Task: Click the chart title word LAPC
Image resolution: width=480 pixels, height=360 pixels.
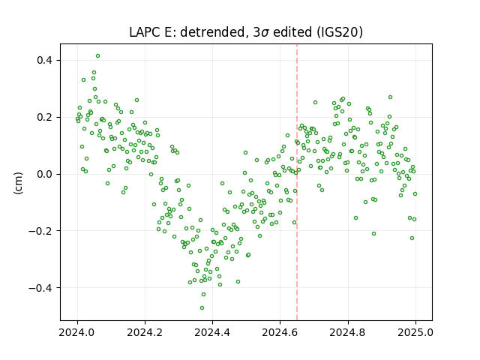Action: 145,32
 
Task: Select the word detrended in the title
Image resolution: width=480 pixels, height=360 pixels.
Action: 214,32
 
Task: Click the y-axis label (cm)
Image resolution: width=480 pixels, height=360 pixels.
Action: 18,183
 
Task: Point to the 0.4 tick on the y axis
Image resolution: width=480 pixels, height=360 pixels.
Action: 45,60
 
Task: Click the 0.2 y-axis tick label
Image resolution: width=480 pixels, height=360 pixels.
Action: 45,117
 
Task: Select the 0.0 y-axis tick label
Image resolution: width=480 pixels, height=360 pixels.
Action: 45,174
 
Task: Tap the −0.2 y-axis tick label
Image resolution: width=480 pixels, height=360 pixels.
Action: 40,231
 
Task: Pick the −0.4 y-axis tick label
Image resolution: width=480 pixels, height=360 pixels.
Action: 40,288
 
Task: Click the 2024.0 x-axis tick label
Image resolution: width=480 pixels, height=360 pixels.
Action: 77,332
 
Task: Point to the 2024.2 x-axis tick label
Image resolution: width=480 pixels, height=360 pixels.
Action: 145,332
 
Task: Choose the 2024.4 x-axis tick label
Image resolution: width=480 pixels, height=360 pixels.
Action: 212,332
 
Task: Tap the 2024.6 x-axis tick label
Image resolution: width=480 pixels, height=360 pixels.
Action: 280,332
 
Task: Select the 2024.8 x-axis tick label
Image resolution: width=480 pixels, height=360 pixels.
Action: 348,332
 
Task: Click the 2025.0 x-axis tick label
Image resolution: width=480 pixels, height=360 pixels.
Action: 415,332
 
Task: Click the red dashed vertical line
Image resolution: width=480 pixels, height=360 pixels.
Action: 297,182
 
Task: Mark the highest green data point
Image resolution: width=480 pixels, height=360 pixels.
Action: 97,55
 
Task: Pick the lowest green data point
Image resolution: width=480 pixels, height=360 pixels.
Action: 202,307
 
